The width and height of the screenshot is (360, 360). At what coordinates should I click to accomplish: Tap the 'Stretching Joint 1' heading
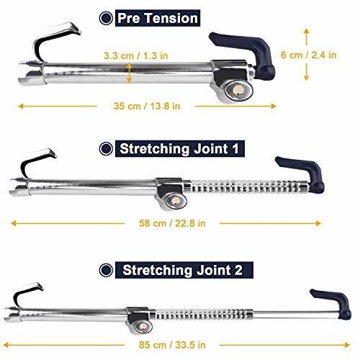[181, 149]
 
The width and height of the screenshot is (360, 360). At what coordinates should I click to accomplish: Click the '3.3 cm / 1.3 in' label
[137, 55]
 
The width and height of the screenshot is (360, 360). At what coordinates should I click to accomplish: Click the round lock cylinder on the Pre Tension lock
[237, 89]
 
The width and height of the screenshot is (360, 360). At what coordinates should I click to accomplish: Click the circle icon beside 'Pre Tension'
[107, 17]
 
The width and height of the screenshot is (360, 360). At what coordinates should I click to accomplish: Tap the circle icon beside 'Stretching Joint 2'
[106, 271]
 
